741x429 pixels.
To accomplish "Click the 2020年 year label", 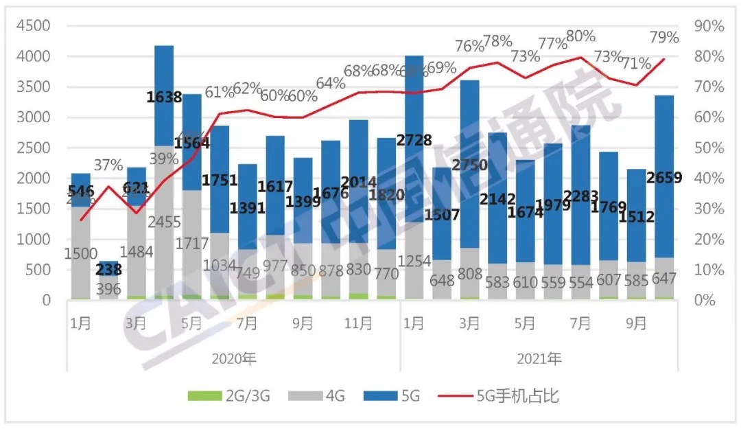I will pos(235,358).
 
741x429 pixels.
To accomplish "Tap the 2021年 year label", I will pos(540,358).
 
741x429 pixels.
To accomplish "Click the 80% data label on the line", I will pos(581,36).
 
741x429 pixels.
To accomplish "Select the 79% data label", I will pos(664,37).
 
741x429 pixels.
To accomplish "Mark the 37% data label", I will pos(108,165).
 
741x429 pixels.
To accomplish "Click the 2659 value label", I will pos(663,178).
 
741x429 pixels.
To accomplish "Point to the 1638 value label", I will pos(165,97).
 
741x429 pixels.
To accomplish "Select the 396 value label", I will pos(108,288).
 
